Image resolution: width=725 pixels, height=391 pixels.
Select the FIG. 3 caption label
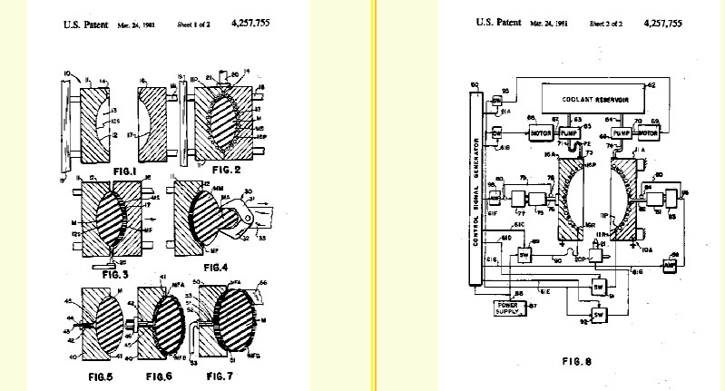tap(104, 270)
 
